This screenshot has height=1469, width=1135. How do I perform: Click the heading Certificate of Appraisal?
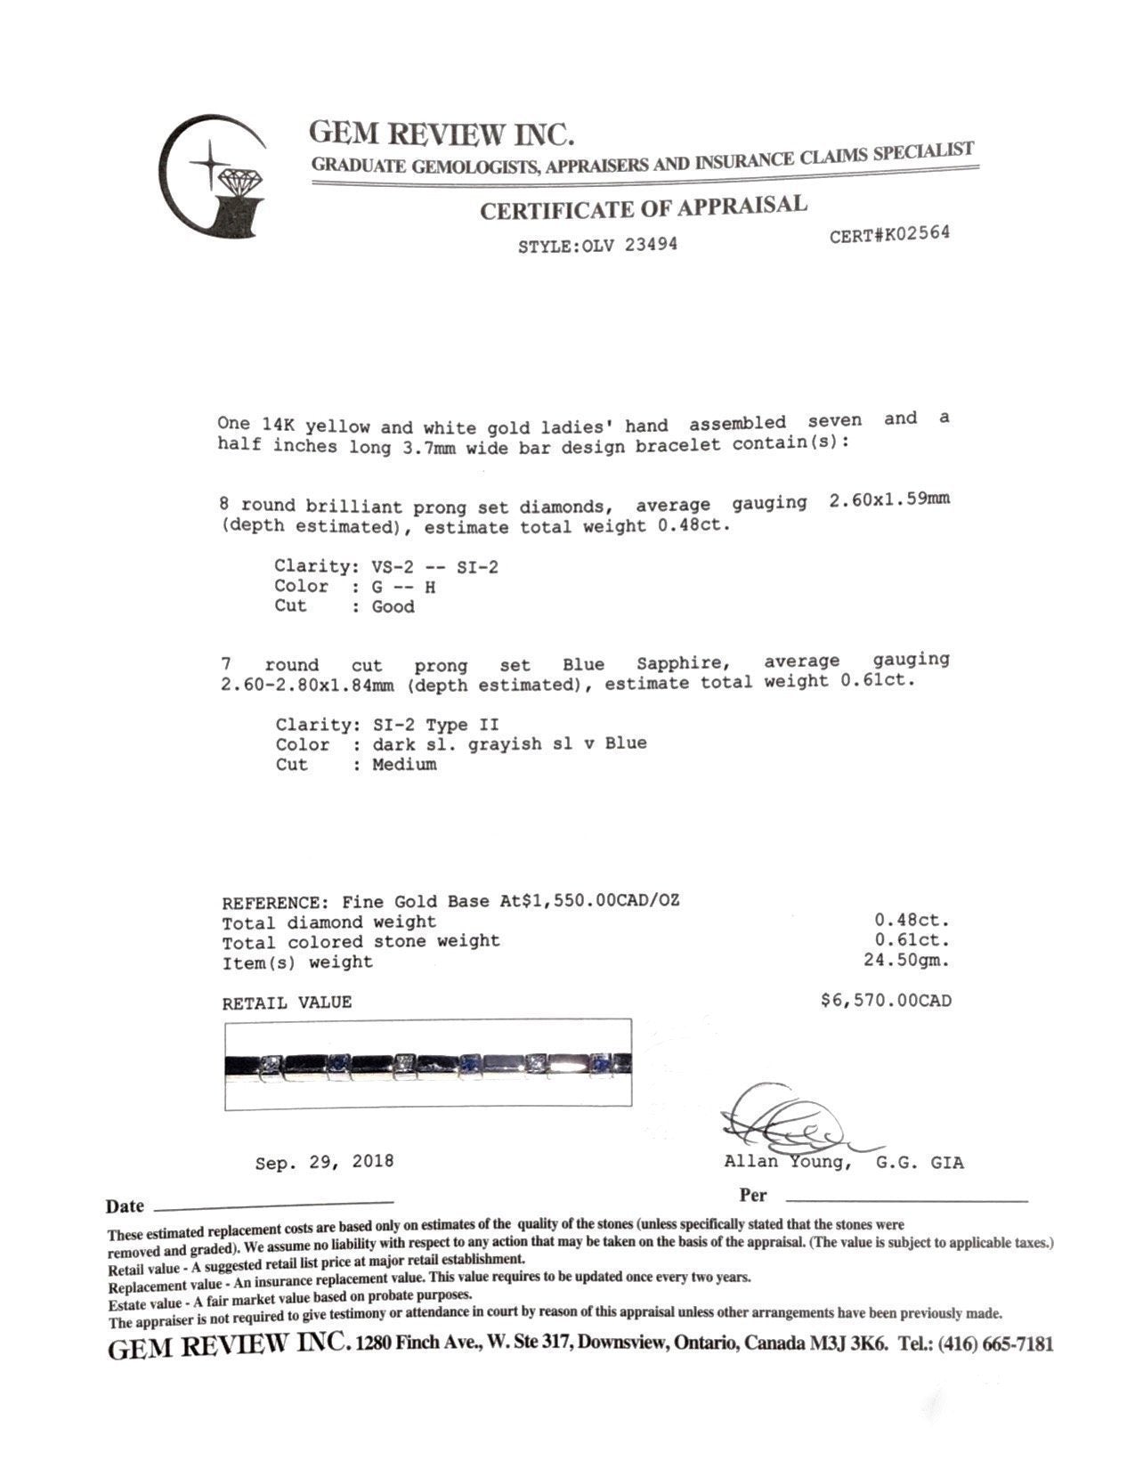click(x=643, y=208)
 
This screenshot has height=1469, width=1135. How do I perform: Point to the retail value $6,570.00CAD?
click(x=885, y=1001)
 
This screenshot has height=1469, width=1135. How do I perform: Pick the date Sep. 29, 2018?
click(x=324, y=1162)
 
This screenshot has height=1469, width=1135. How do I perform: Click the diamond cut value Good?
click(x=393, y=607)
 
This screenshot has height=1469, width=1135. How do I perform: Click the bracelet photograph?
click(x=427, y=1063)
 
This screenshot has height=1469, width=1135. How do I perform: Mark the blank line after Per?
click(x=905, y=1199)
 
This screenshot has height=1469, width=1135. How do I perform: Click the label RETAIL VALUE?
click(x=287, y=1002)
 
